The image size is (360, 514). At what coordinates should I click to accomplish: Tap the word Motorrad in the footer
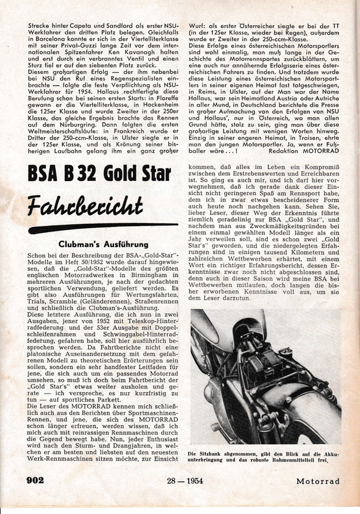pyautogui.click(x=318, y=481)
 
